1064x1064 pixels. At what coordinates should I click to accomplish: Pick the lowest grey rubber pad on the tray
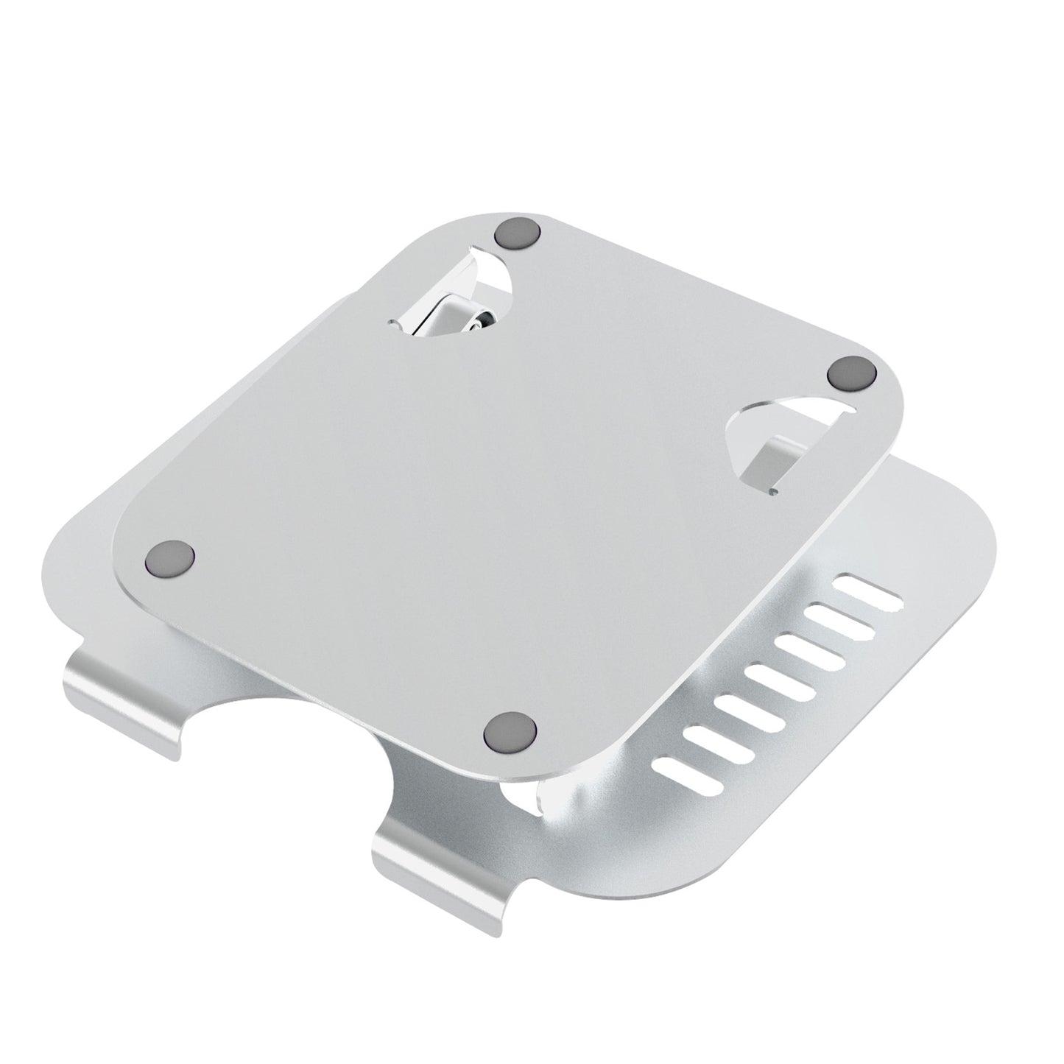pos(507,732)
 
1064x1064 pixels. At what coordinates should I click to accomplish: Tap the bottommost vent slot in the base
pos(694,778)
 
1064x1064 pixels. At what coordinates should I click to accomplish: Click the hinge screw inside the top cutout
pos(479,319)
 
